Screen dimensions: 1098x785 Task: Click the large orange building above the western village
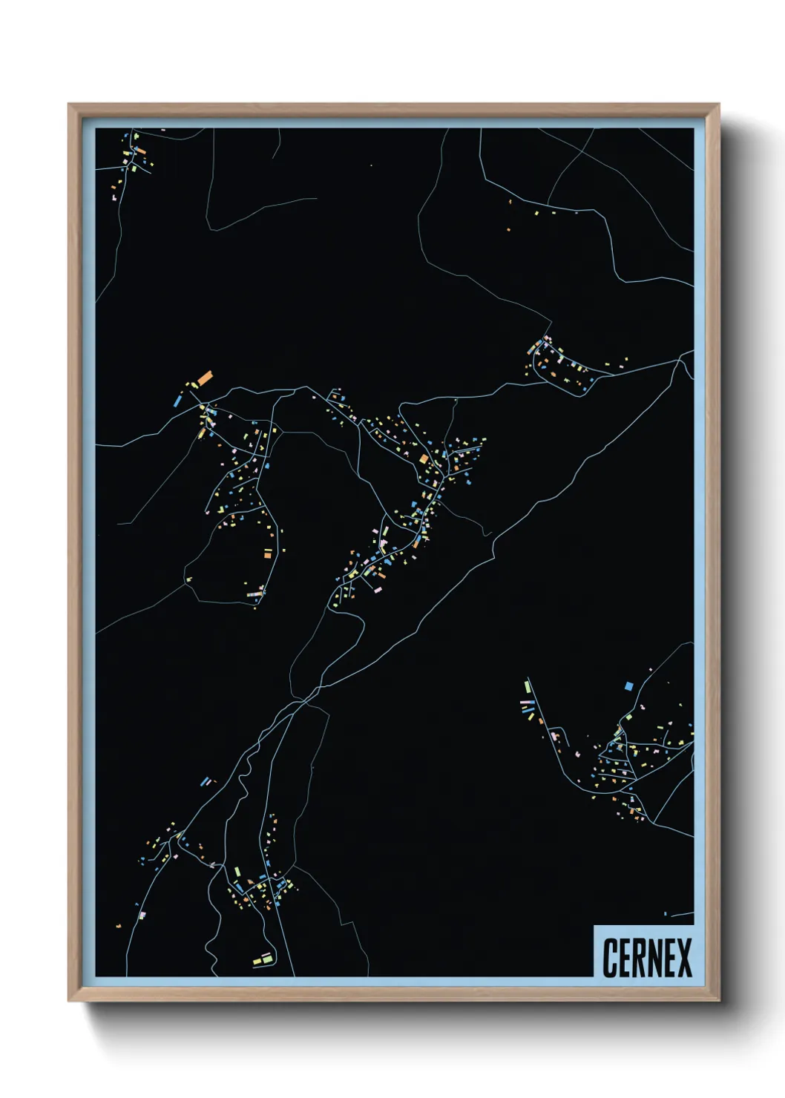tap(205, 378)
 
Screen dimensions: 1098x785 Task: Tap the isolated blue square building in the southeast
tap(628, 686)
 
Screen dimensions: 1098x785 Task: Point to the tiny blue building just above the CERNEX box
tap(666, 913)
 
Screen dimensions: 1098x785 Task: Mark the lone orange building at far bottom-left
tap(118, 926)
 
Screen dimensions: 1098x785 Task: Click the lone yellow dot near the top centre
tap(371, 165)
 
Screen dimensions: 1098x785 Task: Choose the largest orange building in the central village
tap(424, 459)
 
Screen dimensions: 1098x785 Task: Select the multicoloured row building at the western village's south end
tap(257, 593)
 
